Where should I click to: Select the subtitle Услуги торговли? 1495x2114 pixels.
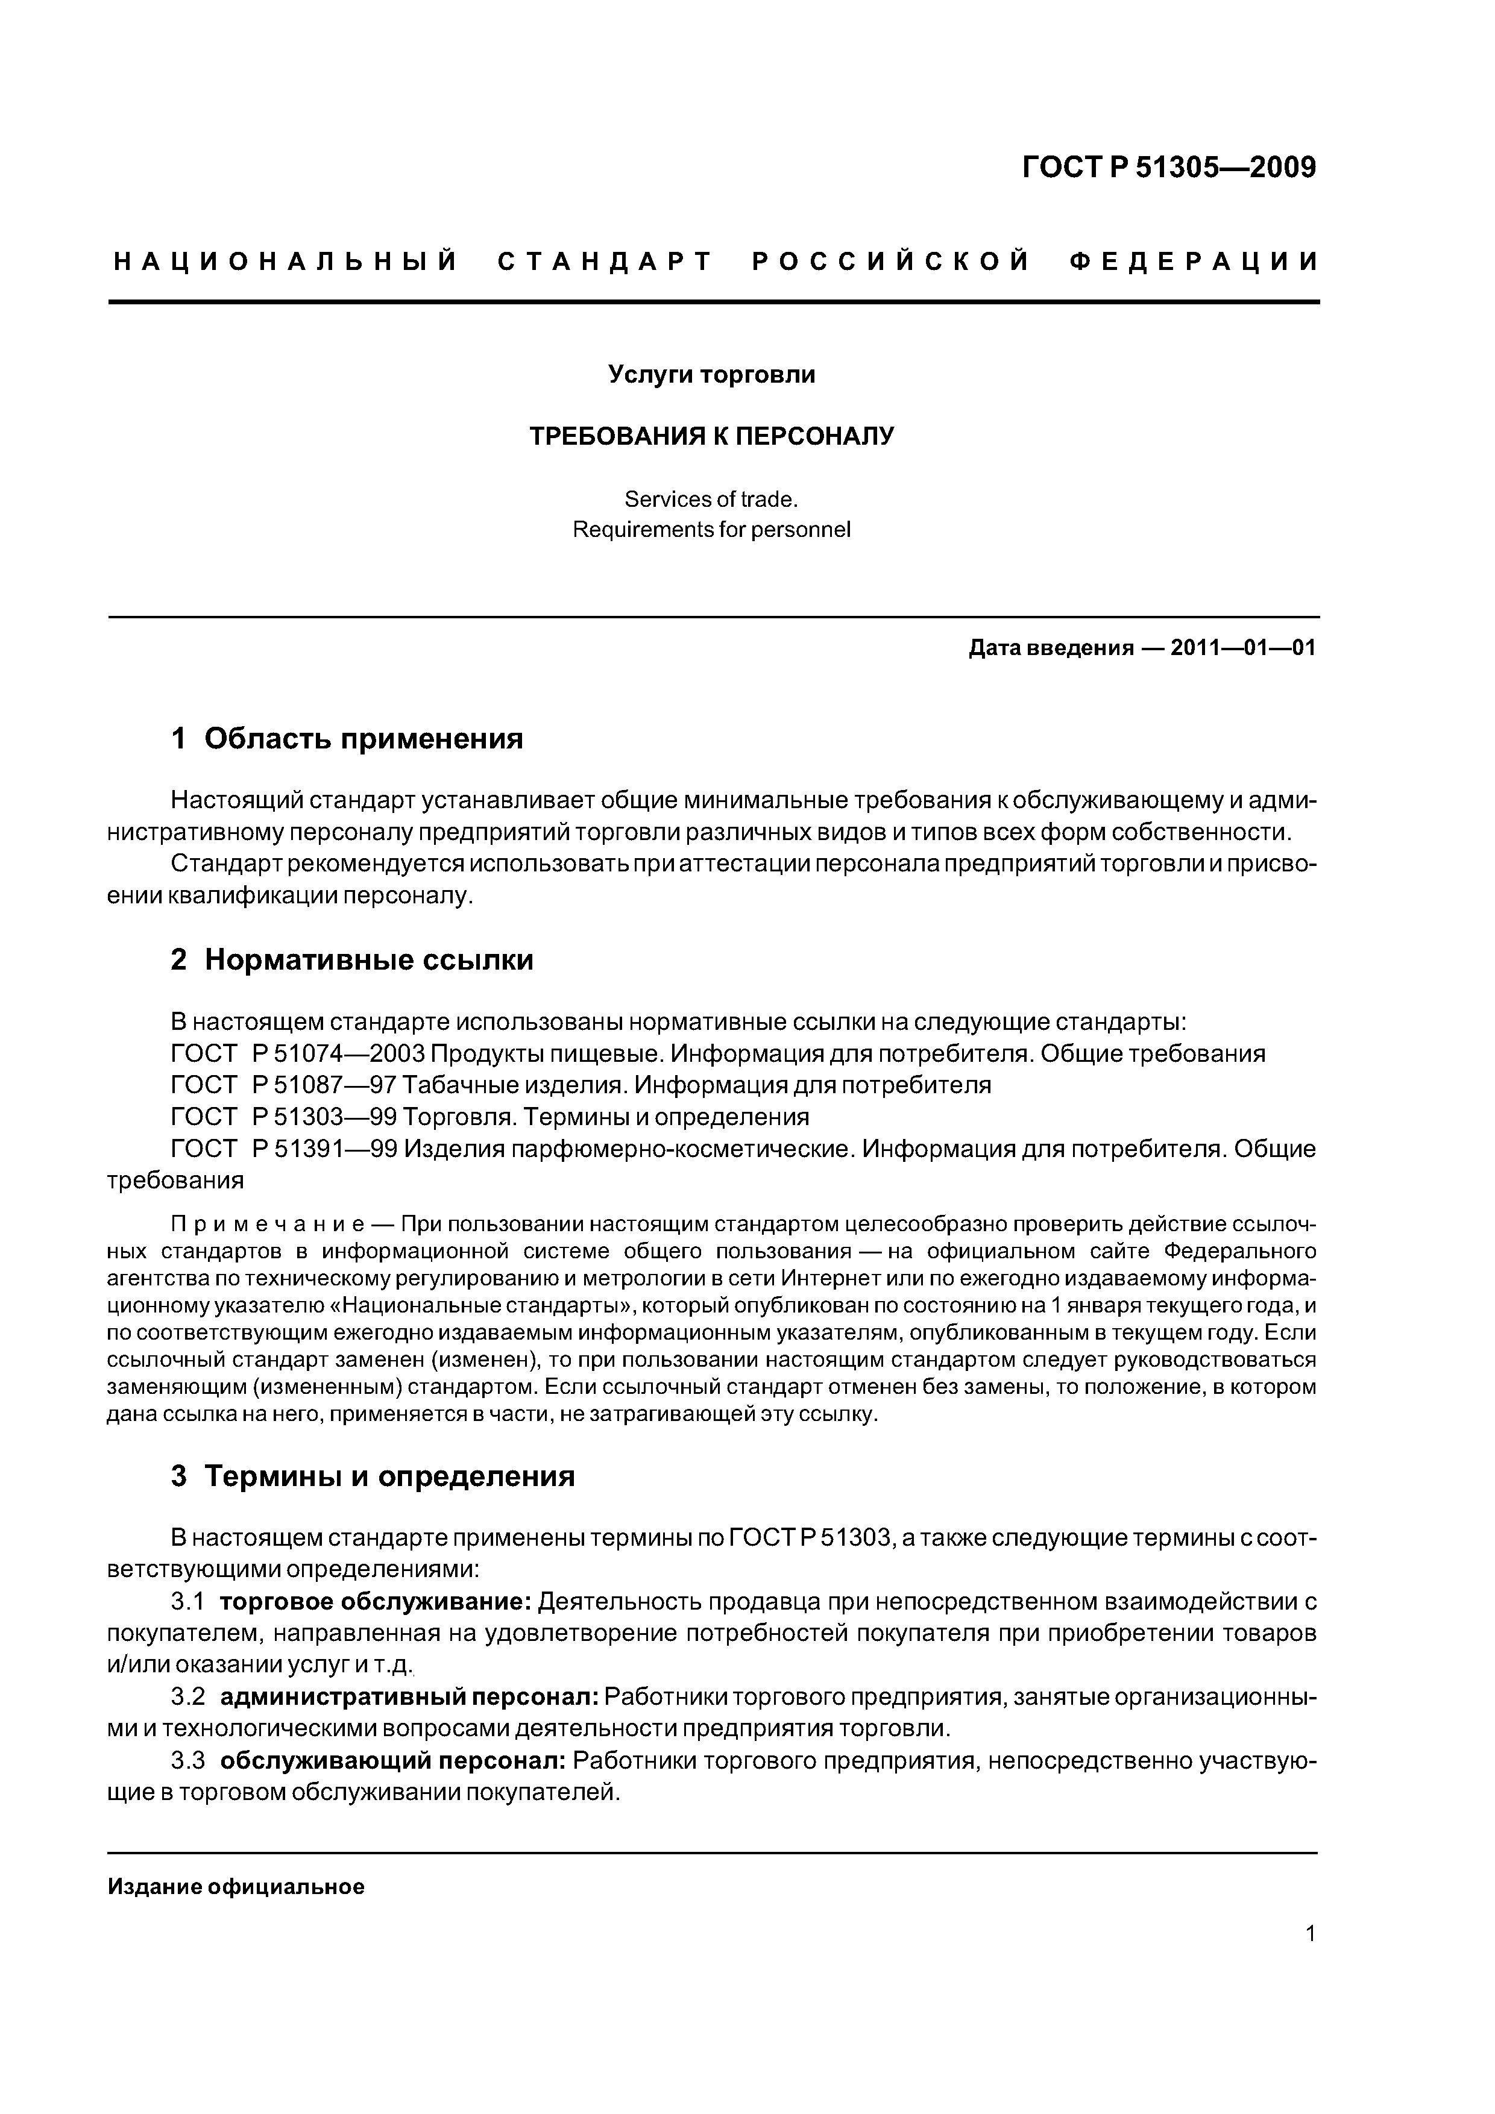(x=711, y=375)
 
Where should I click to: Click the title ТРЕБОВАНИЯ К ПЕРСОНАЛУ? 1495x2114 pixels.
(x=711, y=436)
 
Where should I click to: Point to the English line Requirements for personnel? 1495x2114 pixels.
(x=711, y=530)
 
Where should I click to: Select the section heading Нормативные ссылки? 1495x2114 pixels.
(x=368, y=961)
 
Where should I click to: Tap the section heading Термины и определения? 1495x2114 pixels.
(x=389, y=1477)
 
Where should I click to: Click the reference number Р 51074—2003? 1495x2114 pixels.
(x=336, y=1053)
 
